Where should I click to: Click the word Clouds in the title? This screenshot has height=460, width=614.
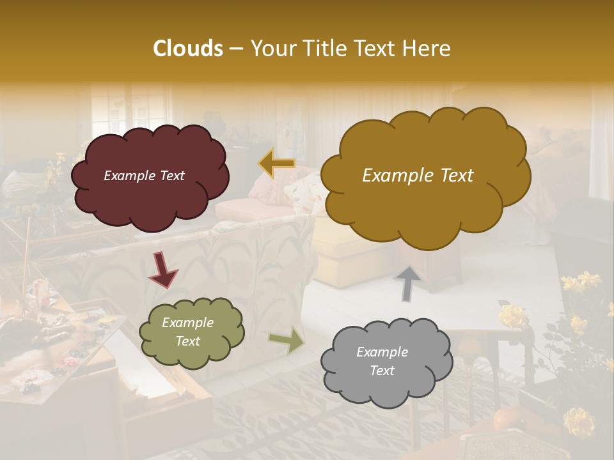click(187, 49)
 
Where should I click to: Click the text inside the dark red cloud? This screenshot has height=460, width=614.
click(144, 176)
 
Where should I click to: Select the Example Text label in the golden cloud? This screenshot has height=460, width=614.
click(418, 176)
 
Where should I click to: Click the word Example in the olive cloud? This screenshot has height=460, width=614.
click(187, 323)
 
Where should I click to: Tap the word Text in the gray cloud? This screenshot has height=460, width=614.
click(382, 371)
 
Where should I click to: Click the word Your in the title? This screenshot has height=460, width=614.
click(269, 49)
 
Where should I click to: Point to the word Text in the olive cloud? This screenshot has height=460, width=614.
click(187, 341)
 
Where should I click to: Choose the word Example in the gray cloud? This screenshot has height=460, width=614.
click(382, 352)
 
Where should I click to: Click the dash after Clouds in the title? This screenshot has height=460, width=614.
click(235, 49)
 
